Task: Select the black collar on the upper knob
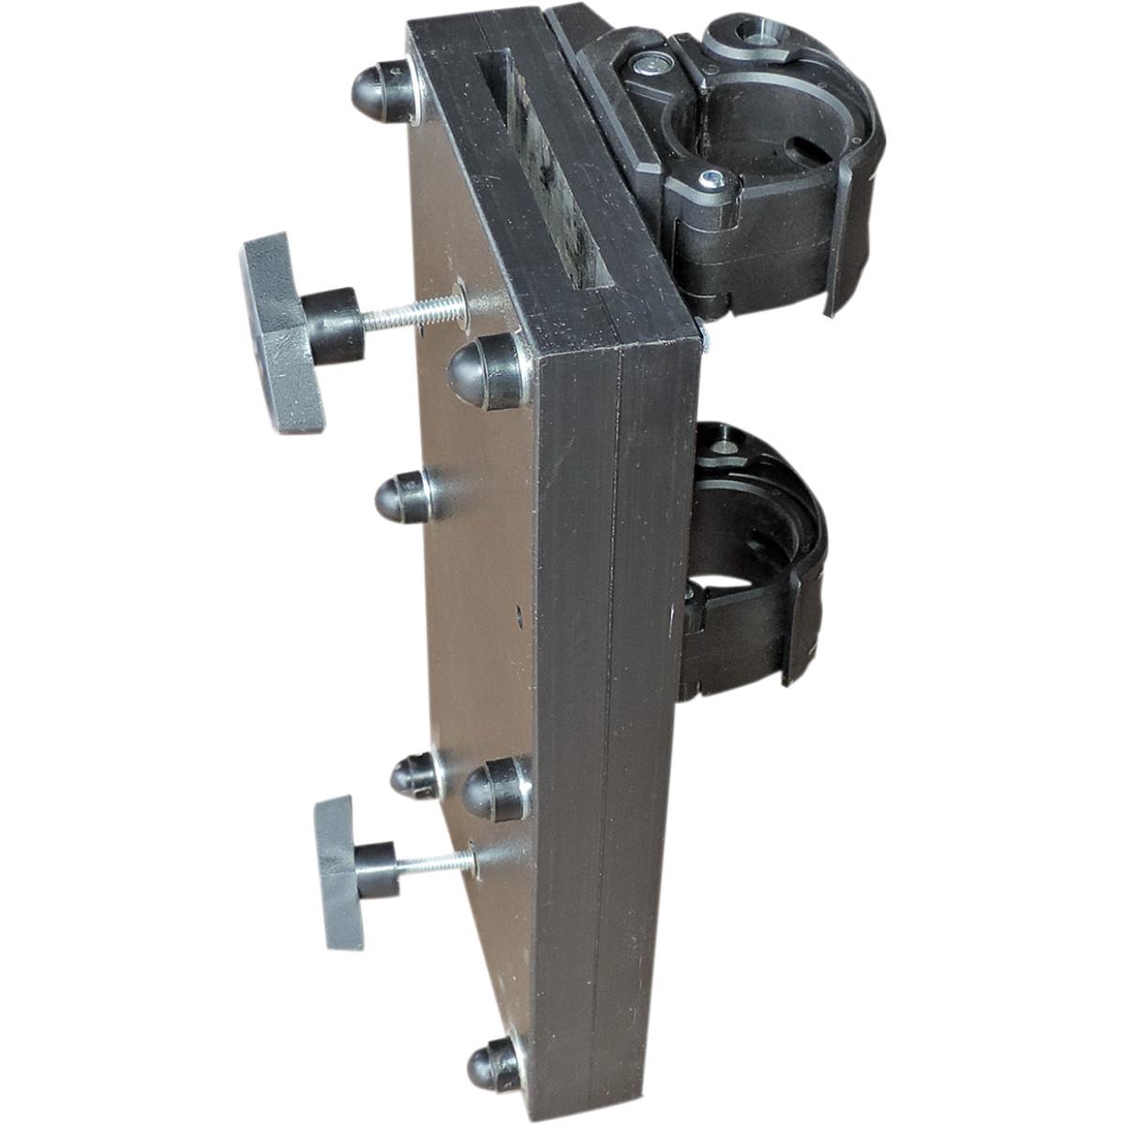tap(333, 323)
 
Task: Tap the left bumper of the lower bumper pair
tap(413, 774)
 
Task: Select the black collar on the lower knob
tap(376, 869)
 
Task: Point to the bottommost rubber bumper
tap(493, 1063)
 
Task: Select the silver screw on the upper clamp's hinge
tap(712, 179)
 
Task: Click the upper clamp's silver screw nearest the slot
tap(646, 66)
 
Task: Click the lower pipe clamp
tap(750, 562)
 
